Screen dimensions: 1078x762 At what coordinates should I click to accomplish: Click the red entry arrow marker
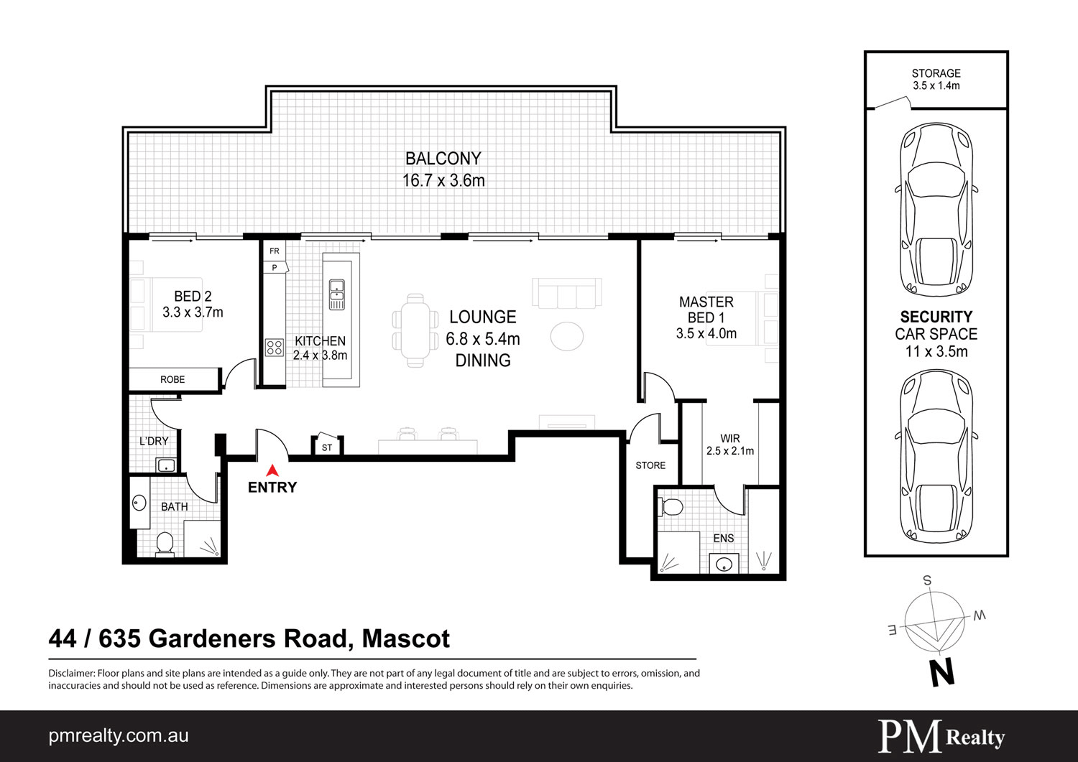272,470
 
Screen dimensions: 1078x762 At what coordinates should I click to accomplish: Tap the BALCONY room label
443,158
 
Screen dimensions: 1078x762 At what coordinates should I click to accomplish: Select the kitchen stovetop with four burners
275,348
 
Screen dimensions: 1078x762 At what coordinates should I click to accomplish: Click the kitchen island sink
336,294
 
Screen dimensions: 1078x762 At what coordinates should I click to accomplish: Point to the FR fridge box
275,251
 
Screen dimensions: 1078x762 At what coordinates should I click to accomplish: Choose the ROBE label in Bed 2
172,379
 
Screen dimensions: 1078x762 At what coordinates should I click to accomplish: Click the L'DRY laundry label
154,441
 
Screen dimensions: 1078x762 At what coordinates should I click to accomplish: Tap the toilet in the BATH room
165,544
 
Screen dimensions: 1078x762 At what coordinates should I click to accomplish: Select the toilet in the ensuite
672,506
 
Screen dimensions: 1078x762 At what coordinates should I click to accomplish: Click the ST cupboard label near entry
327,447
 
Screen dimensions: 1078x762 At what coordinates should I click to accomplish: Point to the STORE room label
650,465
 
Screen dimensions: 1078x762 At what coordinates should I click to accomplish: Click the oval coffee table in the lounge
567,336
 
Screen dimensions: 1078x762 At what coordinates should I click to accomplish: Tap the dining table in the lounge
415,330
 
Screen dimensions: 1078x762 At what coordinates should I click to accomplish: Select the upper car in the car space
936,210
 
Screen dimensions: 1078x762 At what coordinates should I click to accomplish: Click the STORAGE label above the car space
936,73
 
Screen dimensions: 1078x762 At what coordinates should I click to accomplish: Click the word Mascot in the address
406,638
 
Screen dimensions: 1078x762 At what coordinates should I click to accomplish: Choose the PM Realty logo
941,736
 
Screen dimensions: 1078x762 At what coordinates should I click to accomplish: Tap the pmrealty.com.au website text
119,736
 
